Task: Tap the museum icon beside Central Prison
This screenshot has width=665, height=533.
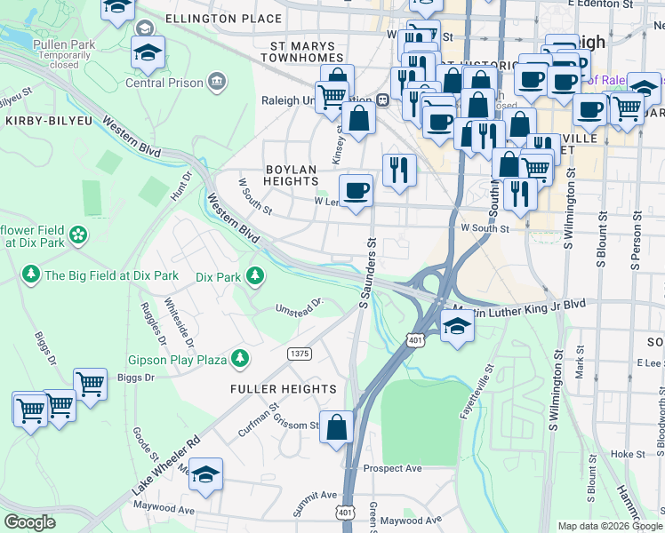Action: (215, 83)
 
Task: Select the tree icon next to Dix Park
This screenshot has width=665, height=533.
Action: (255, 276)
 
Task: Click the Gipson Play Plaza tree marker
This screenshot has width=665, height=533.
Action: (239, 358)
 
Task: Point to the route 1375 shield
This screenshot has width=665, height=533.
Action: (300, 354)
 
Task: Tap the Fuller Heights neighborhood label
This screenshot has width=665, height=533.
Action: (284, 389)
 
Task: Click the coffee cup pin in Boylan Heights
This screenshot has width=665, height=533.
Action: (356, 190)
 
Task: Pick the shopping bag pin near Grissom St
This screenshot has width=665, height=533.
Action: (337, 427)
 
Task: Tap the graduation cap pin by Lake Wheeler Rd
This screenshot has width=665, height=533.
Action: (205, 474)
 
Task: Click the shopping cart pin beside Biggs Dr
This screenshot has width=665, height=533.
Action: (90, 385)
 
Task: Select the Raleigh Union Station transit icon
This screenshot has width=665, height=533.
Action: (382, 100)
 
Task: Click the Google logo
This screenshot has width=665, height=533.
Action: (30, 522)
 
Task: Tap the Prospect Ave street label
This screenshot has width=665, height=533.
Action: (392, 468)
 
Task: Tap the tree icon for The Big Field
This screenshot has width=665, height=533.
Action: (31, 274)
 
